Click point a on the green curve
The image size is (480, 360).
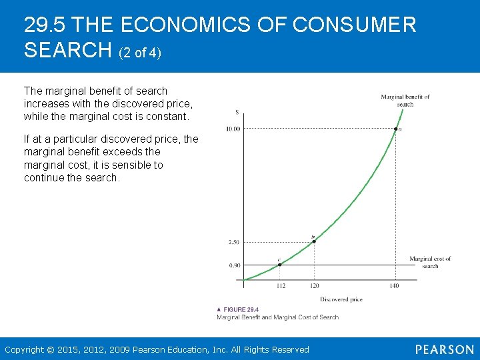tap(395, 129)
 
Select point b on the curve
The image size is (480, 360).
tap(314, 241)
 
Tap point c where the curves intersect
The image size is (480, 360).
tap(280, 265)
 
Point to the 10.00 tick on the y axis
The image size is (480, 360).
tap(233, 129)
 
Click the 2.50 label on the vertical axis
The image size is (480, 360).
tap(234, 241)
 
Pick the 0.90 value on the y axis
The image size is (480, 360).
tap(234, 265)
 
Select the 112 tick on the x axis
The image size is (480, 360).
tap(281, 286)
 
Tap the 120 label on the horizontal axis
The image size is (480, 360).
tap(315, 286)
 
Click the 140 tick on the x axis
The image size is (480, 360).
tap(394, 286)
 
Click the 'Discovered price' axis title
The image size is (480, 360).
tap(341, 299)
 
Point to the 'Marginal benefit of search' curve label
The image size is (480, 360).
tap(405, 101)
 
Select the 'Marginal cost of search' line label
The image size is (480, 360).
tap(430, 262)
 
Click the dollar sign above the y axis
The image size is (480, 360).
tap(237, 112)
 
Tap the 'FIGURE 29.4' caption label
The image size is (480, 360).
tap(241, 309)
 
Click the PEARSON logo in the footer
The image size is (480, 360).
tap(444, 349)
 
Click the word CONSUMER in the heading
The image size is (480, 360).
tap(354, 25)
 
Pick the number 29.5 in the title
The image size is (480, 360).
tap(44, 25)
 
